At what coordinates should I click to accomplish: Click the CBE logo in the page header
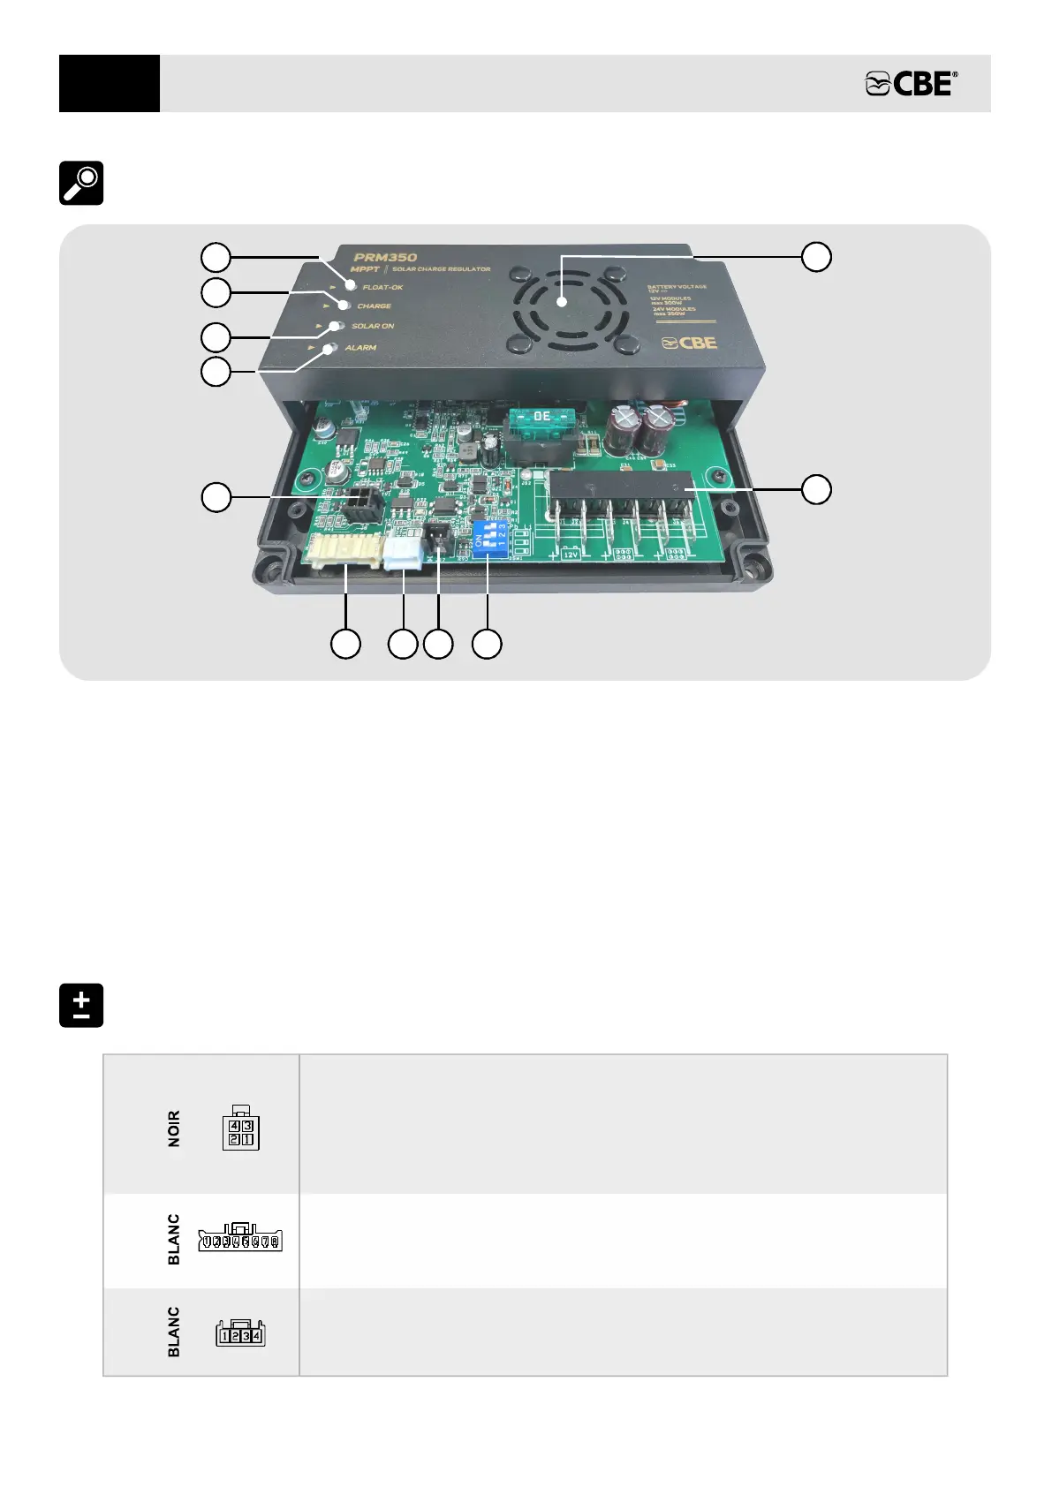[x=912, y=84]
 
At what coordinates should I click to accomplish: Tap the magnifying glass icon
[x=81, y=183]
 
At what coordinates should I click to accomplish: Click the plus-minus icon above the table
[x=81, y=1005]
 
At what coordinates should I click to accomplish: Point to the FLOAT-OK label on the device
[x=382, y=287]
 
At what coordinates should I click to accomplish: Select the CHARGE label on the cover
[x=374, y=306]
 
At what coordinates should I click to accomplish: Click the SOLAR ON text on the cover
[x=373, y=327]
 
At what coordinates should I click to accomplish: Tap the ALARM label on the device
[x=360, y=348]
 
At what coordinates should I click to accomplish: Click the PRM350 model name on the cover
[x=385, y=258]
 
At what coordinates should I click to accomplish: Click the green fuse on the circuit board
[x=541, y=416]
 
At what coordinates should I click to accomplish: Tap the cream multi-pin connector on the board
[x=345, y=553]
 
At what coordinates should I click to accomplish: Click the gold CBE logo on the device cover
[x=690, y=343]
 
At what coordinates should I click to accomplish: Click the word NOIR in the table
[x=174, y=1128]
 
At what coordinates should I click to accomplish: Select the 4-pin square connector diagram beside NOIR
[x=240, y=1128]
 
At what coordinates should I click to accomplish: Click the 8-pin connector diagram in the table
[x=240, y=1239]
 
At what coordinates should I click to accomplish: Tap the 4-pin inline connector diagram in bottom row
[x=240, y=1332]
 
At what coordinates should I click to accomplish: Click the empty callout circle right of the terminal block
[x=816, y=489]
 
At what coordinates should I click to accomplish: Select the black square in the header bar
[x=110, y=84]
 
